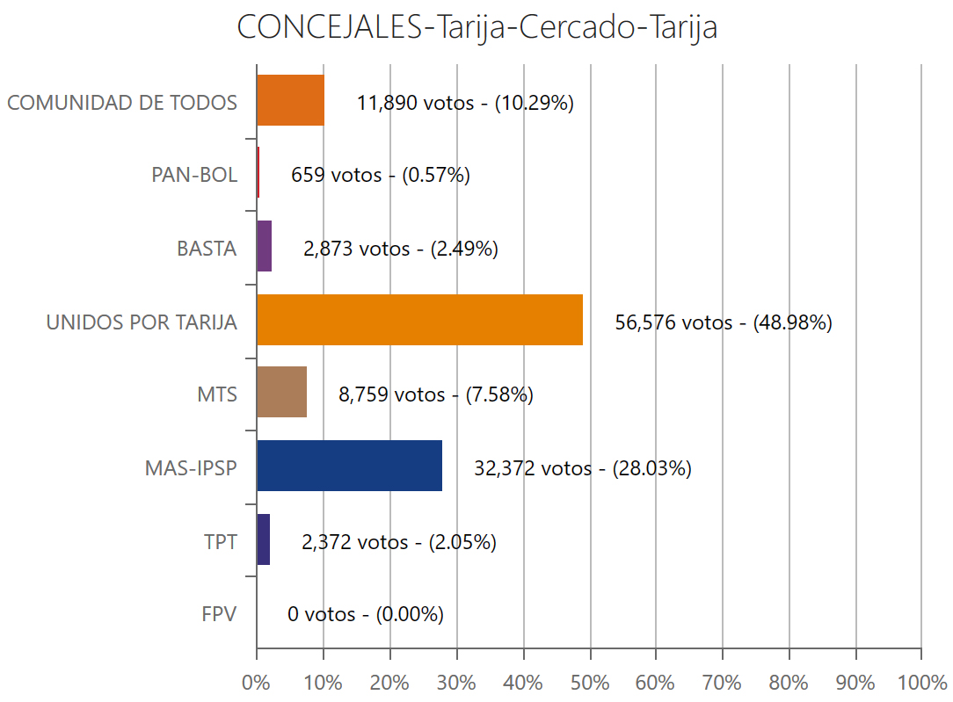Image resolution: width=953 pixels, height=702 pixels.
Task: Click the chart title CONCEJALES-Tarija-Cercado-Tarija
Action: [476, 27]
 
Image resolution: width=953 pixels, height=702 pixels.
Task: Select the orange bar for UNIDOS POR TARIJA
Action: [419, 321]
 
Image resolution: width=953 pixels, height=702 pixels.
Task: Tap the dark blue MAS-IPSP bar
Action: [349, 466]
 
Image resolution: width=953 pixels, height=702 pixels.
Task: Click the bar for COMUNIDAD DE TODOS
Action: [290, 100]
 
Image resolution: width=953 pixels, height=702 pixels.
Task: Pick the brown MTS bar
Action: [281, 392]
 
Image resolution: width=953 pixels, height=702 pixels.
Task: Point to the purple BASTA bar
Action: [264, 247]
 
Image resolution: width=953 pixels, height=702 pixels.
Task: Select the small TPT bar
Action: [263, 539]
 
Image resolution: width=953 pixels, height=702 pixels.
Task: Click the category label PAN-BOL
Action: [194, 175]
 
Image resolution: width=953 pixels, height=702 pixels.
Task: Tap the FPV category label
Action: [219, 613]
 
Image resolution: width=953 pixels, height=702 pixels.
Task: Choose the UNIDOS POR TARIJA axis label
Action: [142, 322]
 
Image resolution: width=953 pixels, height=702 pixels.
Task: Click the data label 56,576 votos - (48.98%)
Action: [723, 322]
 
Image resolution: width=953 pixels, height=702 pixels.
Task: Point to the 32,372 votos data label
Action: [582, 468]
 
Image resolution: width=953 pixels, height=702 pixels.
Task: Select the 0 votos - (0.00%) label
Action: [365, 614]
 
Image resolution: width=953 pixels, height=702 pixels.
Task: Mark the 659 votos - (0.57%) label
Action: [380, 175]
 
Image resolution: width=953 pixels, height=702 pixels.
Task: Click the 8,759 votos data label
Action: [435, 394]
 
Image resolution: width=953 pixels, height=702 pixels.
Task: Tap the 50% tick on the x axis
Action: [589, 681]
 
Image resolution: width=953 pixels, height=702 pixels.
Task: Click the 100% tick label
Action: [920, 681]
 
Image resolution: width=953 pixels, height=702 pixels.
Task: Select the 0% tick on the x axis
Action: [256, 681]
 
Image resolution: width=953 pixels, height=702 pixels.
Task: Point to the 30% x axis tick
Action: [455, 681]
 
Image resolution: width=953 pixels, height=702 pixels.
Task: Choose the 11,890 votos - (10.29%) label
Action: [465, 103]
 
